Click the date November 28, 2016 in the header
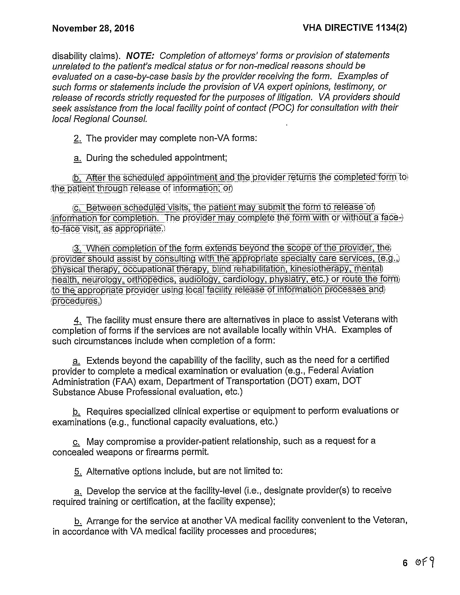pos(93,28)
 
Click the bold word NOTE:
pos(140,55)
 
